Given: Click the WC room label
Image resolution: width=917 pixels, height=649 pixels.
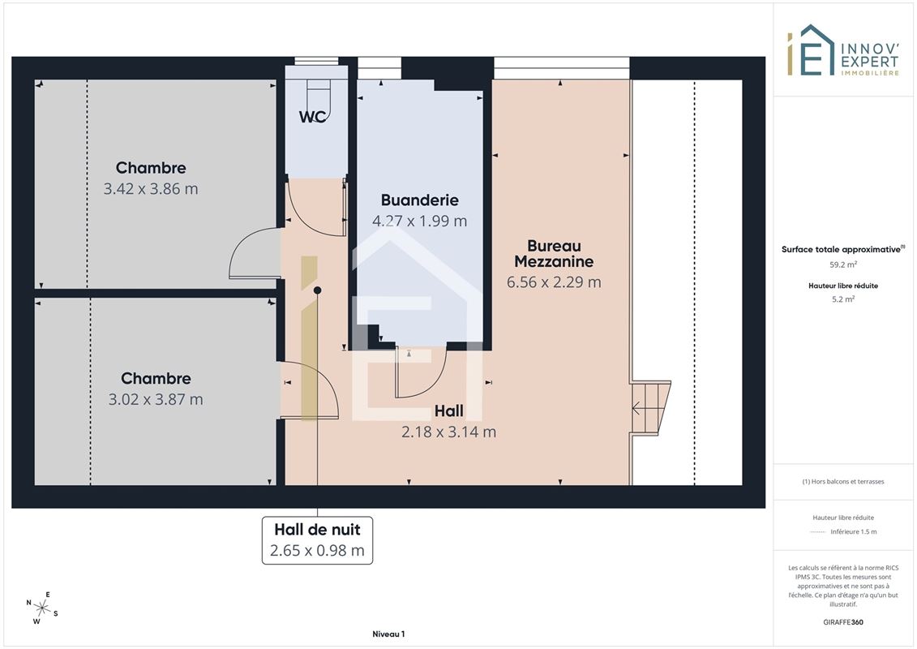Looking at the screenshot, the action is [312, 117].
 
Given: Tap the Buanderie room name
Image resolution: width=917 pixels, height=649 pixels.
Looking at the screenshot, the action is [419, 200].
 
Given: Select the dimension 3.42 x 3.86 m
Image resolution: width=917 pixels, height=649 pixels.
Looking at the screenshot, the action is [151, 189].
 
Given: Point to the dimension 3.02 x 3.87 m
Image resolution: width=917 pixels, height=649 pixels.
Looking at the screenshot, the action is [156, 400].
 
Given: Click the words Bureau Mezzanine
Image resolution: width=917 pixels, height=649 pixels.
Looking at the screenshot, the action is [554, 253].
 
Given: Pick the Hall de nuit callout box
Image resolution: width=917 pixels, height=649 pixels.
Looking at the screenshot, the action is [317, 540].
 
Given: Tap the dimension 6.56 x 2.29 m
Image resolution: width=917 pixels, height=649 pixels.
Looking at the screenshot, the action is [554, 282].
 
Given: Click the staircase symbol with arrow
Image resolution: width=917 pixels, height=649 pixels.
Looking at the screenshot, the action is [650, 409].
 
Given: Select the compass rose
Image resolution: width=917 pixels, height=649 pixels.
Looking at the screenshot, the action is [42, 608].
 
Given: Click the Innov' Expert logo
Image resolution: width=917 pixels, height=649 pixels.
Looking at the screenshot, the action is [842, 50].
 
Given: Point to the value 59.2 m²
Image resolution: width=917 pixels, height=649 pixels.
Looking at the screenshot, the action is [842, 264].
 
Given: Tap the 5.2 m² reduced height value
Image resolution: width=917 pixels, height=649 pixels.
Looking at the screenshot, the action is [842, 299].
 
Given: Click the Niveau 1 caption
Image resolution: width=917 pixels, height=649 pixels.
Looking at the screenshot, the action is [388, 634].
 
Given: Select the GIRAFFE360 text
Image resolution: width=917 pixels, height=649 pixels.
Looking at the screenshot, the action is [842, 622].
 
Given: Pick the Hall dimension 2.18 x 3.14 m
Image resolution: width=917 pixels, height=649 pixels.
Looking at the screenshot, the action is [448, 432].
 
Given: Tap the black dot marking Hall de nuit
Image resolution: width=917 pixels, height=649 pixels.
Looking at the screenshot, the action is [318, 290].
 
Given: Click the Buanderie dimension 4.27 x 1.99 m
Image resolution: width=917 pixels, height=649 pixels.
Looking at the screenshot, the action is [419, 221].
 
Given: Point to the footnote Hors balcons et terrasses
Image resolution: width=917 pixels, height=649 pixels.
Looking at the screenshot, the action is [842, 482].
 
